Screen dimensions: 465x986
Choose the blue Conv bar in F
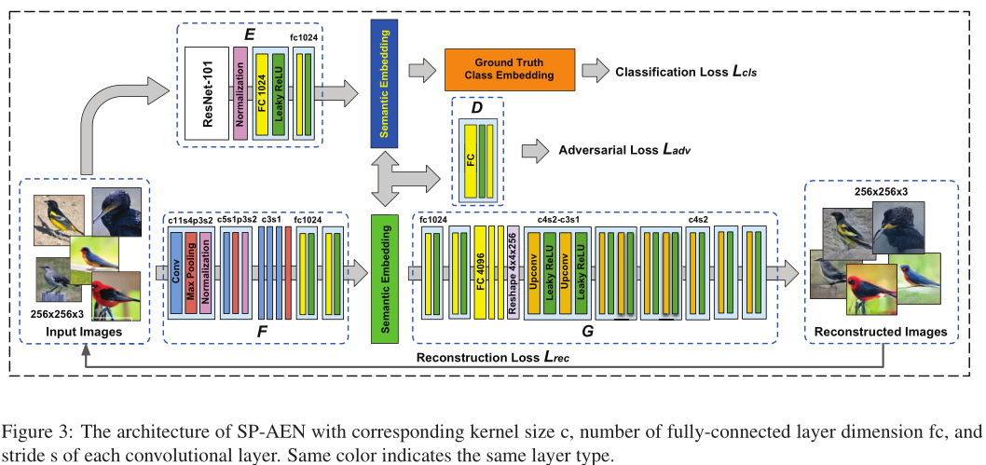click(176, 272)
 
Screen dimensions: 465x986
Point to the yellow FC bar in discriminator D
click(470, 158)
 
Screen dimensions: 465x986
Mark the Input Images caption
click(85, 332)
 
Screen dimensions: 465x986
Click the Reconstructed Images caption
click(881, 332)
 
